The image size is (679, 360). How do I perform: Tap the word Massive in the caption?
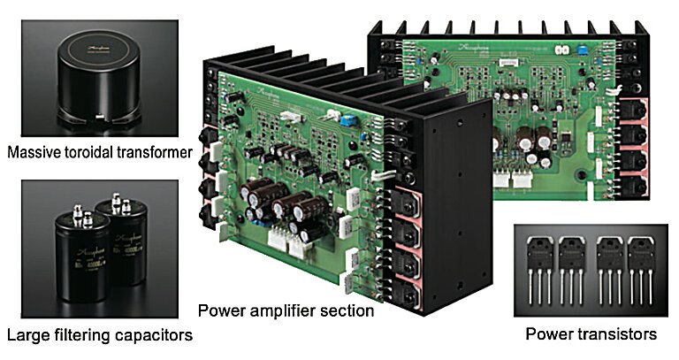tap(33, 153)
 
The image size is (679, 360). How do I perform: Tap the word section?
tap(347, 311)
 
